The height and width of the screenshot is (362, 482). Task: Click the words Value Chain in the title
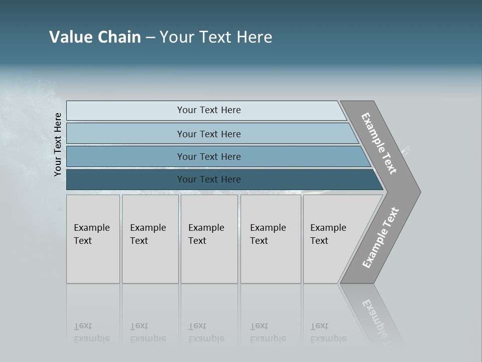click(x=95, y=37)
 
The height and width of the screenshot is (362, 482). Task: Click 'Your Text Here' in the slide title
click(x=216, y=37)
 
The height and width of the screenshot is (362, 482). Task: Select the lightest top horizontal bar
click(x=126, y=111)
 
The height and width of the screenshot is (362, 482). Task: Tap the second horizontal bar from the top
click(x=126, y=134)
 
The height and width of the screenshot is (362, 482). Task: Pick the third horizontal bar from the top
click(x=126, y=157)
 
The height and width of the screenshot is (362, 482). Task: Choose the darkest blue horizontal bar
click(x=126, y=179)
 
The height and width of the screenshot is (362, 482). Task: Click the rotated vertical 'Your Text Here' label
click(x=58, y=145)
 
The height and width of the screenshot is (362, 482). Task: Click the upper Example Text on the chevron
click(x=379, y=143)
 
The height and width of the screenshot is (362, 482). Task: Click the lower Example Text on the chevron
click(x=381, y=238)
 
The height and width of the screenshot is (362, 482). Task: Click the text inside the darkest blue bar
click(x=209, y=179)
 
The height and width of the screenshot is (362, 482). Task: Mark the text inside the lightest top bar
click(x=209, y=110)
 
